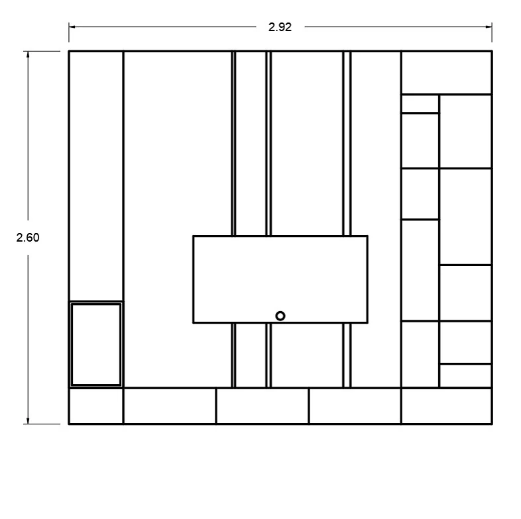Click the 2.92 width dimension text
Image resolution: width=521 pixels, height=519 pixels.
[x=280, y=27]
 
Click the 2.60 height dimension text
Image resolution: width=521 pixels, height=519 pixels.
[x=28, y=238]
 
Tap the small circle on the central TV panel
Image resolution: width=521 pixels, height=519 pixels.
[x=280, y=316]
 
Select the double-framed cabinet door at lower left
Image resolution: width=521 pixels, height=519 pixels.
[x=96, y=344]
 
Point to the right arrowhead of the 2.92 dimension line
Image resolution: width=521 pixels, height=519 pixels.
[x=489, y=27]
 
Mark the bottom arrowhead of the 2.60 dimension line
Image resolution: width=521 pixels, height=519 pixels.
[x=28, y=420]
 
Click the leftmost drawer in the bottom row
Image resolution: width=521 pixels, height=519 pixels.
[x=96, y=406]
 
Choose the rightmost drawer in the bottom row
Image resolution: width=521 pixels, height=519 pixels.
[x=447, y=406]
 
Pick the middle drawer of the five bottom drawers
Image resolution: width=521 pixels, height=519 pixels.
[x=262, y=406]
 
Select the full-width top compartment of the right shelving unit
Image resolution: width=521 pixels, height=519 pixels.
[x=447, y=73]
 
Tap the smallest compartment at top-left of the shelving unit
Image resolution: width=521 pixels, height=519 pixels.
[x=420, y=104]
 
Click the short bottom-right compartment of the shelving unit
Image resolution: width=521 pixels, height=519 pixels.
[x=465, y=375]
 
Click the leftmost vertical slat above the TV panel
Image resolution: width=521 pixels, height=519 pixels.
[x=233, y=144]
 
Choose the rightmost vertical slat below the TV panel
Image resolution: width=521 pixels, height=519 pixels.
[x=347, y=355]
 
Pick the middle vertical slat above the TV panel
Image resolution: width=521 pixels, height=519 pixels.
[x=269, y=144]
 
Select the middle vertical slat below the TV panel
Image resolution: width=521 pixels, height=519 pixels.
[x=269, y=355]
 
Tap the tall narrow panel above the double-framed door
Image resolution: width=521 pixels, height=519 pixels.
[x=96, y=176]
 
